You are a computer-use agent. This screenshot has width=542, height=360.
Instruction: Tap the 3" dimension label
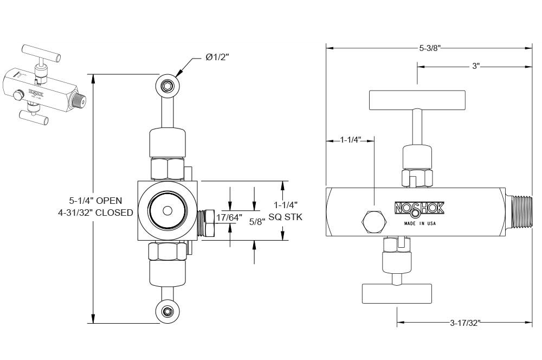point(476,66)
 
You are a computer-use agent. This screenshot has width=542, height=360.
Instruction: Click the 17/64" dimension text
point(229,218)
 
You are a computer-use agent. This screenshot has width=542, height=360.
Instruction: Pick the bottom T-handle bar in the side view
point(397,293)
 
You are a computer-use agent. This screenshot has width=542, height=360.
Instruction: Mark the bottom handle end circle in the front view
point(167,311)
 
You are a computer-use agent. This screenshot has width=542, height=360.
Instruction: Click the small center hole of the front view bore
point(167,210)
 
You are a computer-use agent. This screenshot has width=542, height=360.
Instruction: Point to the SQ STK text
point(285,217)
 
